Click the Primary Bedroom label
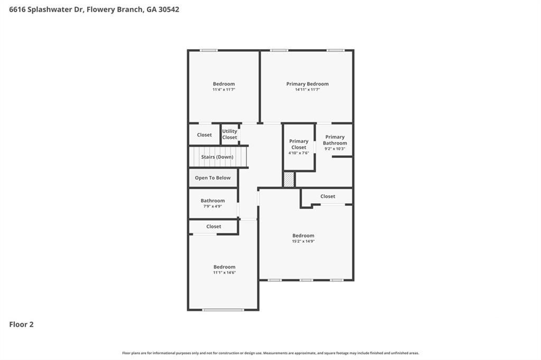pyautogui.click(x=307, y=84)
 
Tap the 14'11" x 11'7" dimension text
pyautogui.click(x=307, y=90)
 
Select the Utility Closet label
pyautogui.click(x=229, y=134)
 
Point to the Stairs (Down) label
pyautogui.click(x=217, y=157)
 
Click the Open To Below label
pyautogui.click(x=212, y=178)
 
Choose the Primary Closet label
pyautogui.click(x=299, y=144)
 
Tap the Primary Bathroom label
pyautogui.click(x=335, y=140)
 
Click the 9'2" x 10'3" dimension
pyautogui.click(x=335, y=149)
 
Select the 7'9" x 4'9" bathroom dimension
pyautogui.click(x=212, y=206)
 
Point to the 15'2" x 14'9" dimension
pyautogui.click(x=303, y=241)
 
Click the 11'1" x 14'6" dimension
pyautogui.click(x=224, y=273)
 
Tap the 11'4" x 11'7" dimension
pyautogui.click(x=224, y=90)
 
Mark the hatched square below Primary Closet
pyautogui.click(x=289, y=179)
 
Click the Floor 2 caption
pyautogui.click(x=21, y=325)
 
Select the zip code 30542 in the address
pyautogui.click(x=169, y=10)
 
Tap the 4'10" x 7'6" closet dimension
pyautogui.click(x=299, y=153)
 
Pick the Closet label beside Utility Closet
pyautogui.click(x=204, y=135)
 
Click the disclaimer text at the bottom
pyautogui.click(x=270, y=353)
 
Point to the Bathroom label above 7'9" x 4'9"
pyautogui.click(x=212, y=201)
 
